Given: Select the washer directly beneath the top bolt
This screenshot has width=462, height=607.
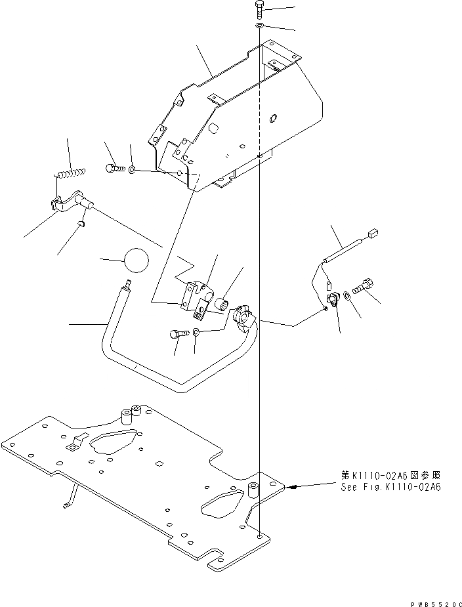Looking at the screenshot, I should (x=259, y=26).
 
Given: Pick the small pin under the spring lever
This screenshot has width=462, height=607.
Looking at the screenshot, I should (x=82, y=224).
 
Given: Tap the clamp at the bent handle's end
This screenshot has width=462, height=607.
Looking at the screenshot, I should (x=241, y=318).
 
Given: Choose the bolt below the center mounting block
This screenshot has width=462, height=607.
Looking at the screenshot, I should (x=177, y=334).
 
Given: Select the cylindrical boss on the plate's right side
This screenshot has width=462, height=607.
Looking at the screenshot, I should (x=253, y=490).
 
